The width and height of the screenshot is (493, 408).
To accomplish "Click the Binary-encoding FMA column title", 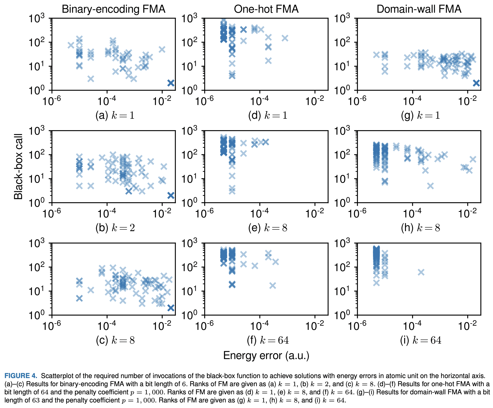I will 113,9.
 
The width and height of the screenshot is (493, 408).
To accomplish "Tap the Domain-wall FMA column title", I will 419,9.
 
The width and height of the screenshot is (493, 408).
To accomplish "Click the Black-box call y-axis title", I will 18,167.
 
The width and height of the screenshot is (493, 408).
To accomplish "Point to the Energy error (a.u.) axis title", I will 266,355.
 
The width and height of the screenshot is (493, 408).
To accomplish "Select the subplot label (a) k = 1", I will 115,115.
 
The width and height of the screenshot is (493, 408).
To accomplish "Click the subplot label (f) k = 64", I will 268,340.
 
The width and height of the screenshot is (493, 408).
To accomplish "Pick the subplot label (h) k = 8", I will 420,228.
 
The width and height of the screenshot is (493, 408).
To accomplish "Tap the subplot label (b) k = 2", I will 115,228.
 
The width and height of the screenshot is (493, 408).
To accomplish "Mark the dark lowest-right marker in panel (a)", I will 171,83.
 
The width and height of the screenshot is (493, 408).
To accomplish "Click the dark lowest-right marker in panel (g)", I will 476,83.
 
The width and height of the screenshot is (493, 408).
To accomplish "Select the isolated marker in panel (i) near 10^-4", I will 421,272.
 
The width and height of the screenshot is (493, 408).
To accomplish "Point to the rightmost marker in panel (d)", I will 285,38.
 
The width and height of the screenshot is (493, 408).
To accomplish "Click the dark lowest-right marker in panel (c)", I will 171,308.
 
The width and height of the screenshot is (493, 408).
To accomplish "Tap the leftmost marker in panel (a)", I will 71,45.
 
